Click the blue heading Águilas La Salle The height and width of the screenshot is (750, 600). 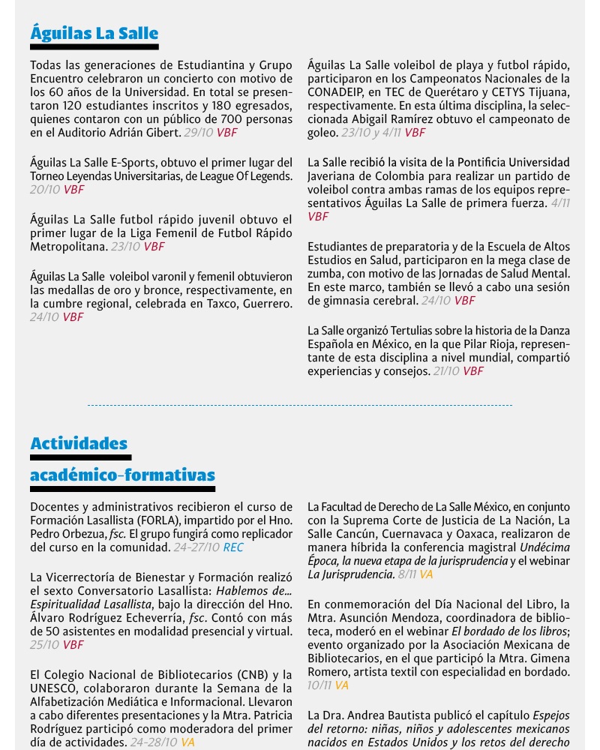pos(94,33)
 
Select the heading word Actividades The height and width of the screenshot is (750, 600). pos(79,443)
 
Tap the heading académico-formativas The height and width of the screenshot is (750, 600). pos(122,475)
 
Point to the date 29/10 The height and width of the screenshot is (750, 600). pos(198,133)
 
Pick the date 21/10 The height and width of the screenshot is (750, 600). pos(446,371)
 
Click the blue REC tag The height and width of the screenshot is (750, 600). pos(233,547)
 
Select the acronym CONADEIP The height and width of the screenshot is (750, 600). pos(338,92)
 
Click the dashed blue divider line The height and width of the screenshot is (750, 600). pos(300,406)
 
